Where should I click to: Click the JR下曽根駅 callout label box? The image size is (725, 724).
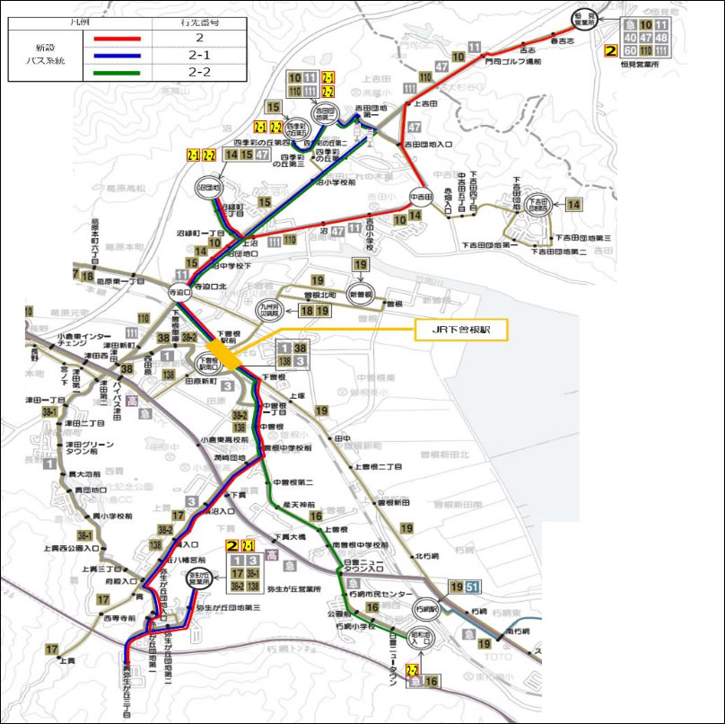(461, 331)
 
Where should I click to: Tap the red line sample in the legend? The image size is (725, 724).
(112, 40)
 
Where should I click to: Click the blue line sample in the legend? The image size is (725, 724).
(112, 56)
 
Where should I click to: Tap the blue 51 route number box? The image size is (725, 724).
(473, 587)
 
